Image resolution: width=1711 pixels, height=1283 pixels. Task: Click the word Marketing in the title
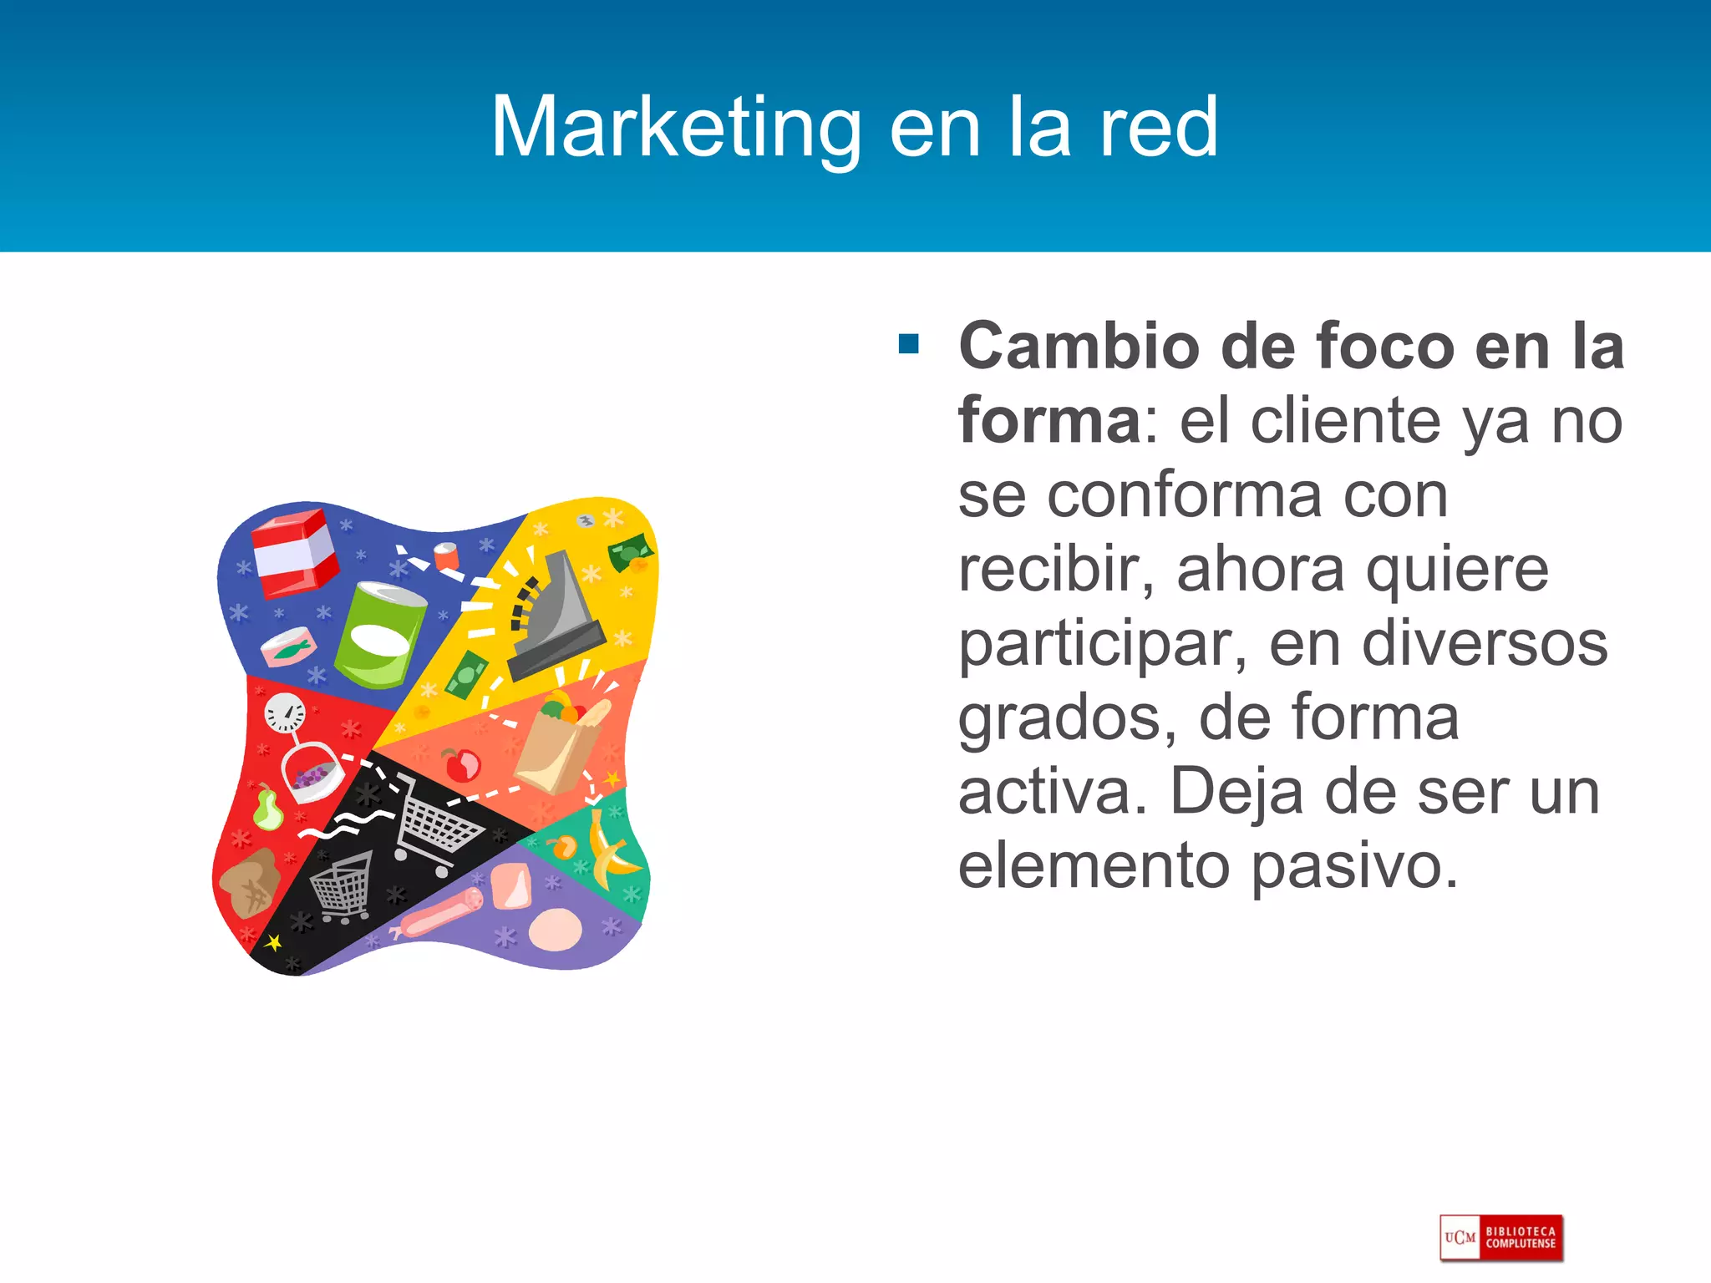tap(675, 127)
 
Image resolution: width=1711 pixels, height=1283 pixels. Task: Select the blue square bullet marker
tap(909, 343)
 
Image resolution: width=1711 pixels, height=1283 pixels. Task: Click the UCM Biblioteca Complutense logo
tap(1501, 1237)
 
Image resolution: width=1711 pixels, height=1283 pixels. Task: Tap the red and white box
tap(294, 553)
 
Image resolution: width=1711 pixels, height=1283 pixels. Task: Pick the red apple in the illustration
tap(462, 764)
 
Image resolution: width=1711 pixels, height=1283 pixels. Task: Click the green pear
tap(267, 808)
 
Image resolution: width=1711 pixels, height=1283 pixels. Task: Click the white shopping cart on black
tap(434, 824)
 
